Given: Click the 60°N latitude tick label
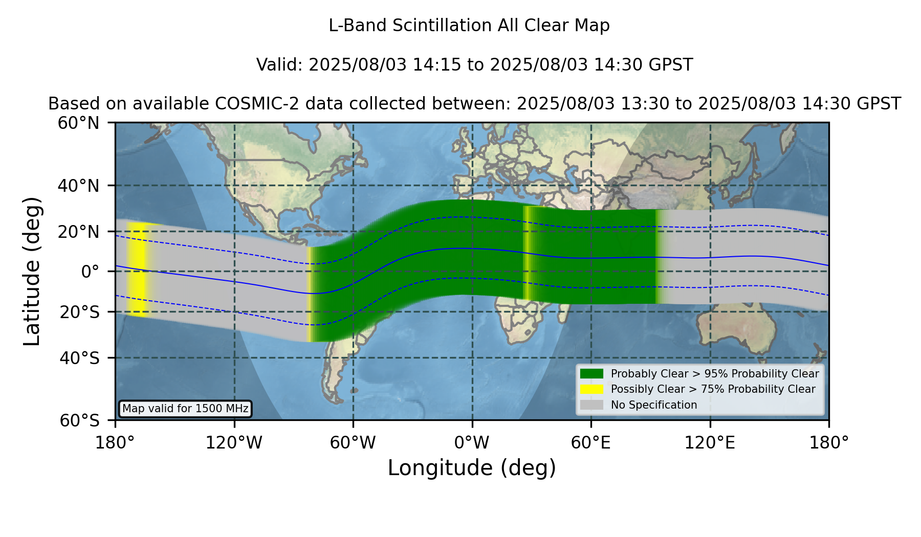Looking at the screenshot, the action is click(x=78, y=123).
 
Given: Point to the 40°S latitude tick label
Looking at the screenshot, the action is click(x=79, y=358).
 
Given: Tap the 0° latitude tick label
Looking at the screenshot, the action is click(x=90, y=271).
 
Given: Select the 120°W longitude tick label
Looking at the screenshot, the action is click(x=234, y=443).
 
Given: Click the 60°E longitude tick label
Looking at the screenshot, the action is click(x=591, y=443).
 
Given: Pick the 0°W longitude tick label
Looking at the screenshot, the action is click(x=472, y=443).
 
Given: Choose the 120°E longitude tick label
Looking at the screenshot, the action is click(x=710, y=443).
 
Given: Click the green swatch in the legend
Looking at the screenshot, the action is click(x=591, y=374).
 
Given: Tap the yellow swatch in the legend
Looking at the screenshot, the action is click(x=591, y=389).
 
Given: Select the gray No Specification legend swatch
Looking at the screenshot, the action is click(x=591, y=405).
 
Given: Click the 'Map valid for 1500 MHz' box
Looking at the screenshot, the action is click(x=185, y=409).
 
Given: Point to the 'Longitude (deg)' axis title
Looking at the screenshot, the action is click(x=472, y=468).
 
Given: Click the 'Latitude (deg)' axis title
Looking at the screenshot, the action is click(x=32, y=271).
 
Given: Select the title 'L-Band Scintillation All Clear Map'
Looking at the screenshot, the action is click(x=469, y=26).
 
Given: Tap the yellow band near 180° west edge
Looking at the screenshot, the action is click(x=137, y=270).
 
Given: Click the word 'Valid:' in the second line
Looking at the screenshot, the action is click(x=280, y=65).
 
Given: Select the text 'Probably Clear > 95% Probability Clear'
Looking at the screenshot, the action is click(x=715, y=374).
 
